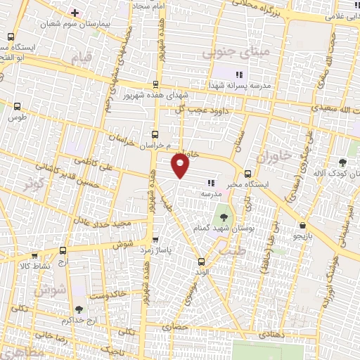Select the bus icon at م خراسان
click(x=155, y=134)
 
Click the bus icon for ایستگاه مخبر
click(x=247, y=174)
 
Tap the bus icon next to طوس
click(x=18, y=107)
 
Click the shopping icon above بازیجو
click(x=302, y=226)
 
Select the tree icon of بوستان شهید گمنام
click(x=224, y=217)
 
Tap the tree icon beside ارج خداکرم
click(x=78, y=309)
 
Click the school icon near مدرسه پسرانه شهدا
click(x=238, y=74)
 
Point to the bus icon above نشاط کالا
click(x=63, y=250)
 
